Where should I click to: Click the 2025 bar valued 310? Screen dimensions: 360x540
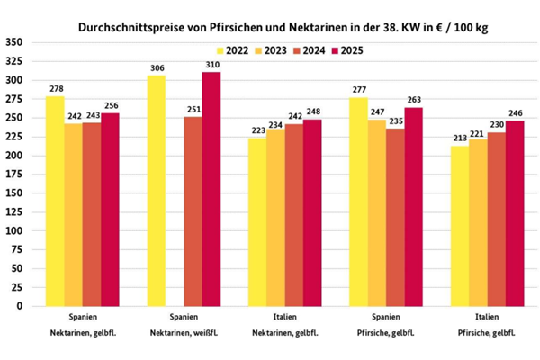[x=211, y=189]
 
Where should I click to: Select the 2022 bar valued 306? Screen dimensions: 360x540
[x=156, y=191]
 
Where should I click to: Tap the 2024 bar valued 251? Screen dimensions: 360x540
[x=193, y=211]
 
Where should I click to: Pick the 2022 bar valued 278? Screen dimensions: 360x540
[x=55, y=201]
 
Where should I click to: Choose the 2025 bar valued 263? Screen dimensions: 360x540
[x=413, y=207]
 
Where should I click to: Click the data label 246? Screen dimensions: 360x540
[x=515, y=113]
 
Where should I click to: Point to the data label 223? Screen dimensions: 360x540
[x=257, y=130]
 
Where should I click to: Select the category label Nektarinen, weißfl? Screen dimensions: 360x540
[x=184, y=336]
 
